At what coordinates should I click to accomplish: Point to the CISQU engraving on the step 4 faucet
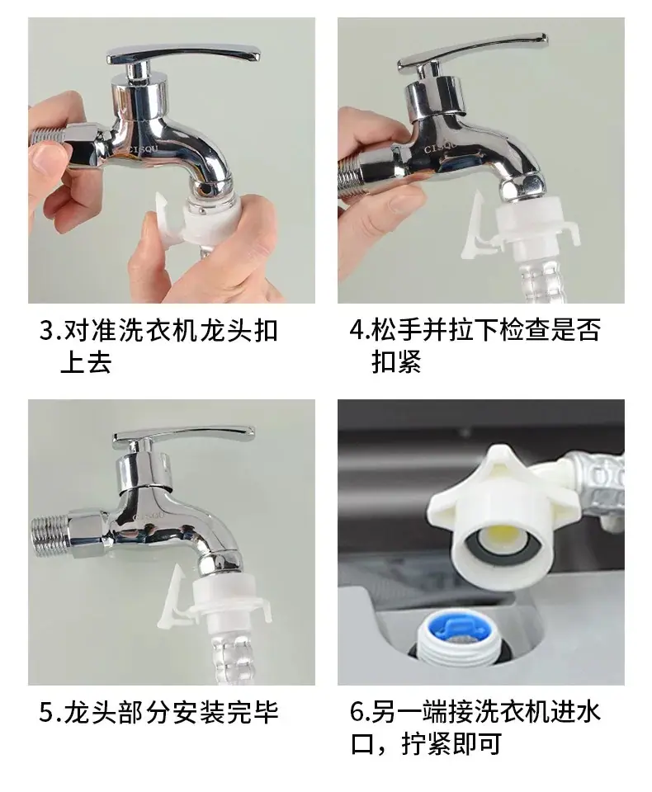[x=440, y=147]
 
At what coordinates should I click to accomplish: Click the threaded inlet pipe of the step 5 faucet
[x=50, y=536]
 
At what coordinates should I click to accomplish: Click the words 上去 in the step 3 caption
[x=86, y=361]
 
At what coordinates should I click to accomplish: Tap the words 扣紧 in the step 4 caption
[x=396, y=361]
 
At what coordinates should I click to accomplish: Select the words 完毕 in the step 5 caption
[x=253, y=712]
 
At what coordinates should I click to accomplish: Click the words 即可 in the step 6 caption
[x=475, y=744]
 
